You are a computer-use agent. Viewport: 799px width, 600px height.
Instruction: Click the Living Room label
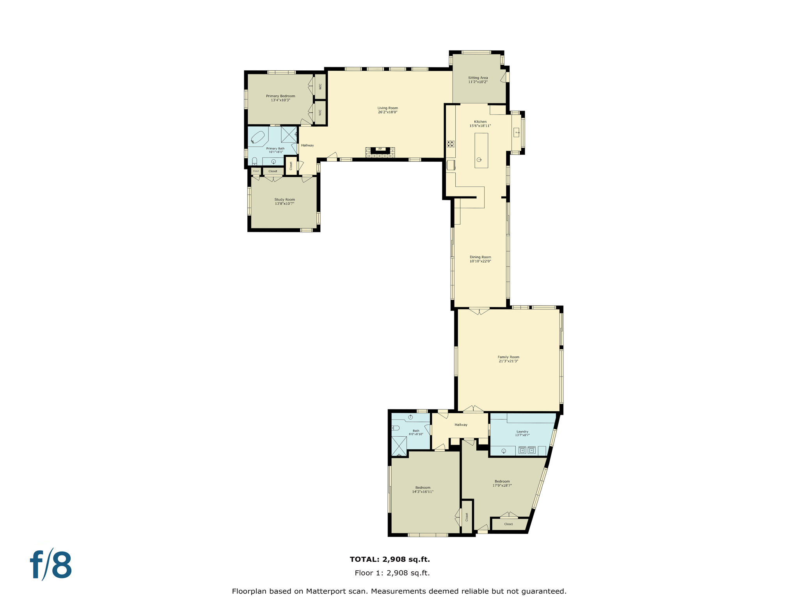(387, 108)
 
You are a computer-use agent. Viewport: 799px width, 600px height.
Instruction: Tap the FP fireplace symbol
(380, 149)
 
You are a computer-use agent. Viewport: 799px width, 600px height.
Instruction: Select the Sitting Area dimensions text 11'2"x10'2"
(478, 82)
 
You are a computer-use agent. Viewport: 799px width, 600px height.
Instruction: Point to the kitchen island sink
(479, 159)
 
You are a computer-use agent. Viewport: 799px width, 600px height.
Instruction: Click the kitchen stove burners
(451, 144)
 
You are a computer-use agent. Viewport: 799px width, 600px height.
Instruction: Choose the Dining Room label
(480, 257)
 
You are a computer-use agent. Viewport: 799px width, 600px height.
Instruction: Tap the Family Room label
(508, 357)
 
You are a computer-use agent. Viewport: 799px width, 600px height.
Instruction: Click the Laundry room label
(522, 432)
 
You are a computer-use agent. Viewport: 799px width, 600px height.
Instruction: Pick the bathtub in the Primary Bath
(258, 137)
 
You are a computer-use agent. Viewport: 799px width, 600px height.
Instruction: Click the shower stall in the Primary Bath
(289, 134)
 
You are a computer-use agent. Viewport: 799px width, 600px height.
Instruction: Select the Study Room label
(284, 200)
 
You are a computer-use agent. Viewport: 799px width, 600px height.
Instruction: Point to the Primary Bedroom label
(281, 96)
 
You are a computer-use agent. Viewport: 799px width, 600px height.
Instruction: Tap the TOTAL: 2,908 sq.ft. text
(390, 559)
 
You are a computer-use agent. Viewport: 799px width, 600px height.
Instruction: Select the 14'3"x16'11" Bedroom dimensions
(423, 492)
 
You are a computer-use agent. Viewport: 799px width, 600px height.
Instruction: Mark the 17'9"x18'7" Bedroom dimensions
(502, 486)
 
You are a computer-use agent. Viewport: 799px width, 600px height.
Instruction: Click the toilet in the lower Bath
(396, 428)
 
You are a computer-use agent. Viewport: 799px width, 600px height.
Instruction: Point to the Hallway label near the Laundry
(461, 425)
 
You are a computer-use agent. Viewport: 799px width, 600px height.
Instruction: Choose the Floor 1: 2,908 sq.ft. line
(392, 573)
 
